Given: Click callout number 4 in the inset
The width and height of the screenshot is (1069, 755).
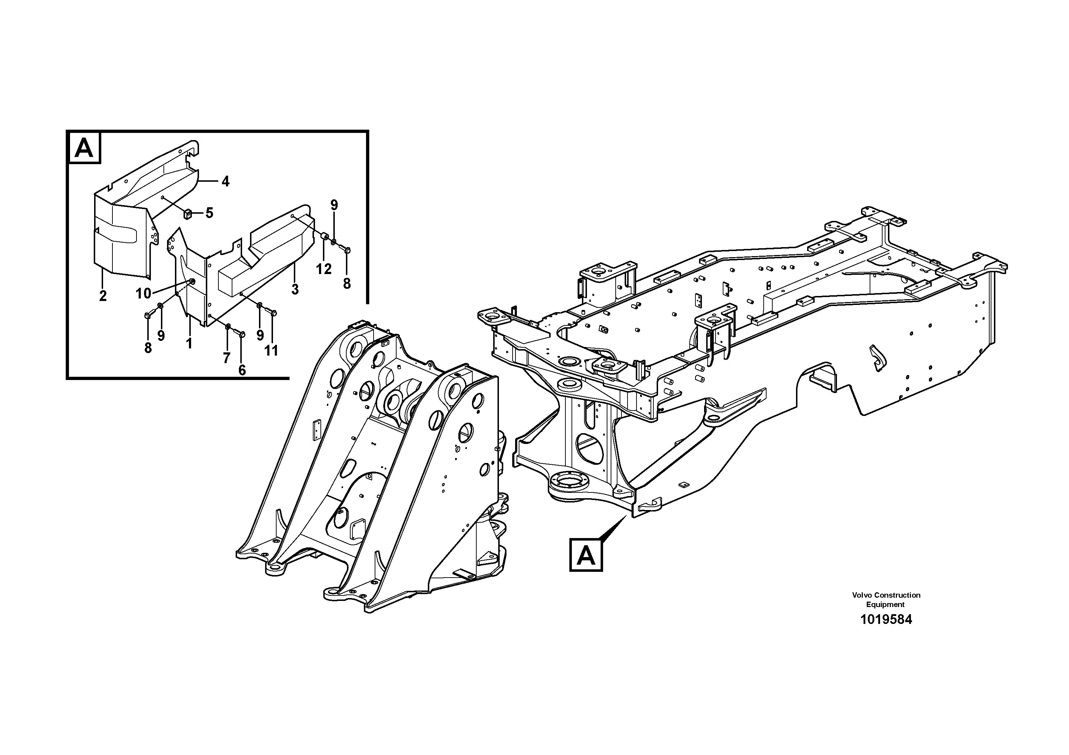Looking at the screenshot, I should click(x=225, y=181).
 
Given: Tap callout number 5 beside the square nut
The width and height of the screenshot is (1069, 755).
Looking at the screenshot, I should click(x=209, y=213).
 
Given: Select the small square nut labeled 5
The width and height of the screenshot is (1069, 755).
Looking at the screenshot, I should click(x=189, y=214).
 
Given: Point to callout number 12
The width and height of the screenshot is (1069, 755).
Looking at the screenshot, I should click(x=324, y=269).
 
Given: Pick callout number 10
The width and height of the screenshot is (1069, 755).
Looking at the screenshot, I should click(x=143, y=293).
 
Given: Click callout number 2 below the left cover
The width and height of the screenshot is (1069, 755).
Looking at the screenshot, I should click(x=103, y=296).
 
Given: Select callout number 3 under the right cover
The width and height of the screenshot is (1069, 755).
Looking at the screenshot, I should click(x=295, y=289).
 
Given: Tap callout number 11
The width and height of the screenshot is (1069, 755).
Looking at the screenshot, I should click(x=272, y=351).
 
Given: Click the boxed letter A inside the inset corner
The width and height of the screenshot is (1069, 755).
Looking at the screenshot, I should click(x=84, y=148).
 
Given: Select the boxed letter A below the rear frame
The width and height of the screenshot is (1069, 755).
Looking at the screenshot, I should click(x=586, y=555).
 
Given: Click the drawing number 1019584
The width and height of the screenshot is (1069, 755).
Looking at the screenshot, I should click(x=886, y=620).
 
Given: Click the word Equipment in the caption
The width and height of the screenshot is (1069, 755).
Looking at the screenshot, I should click(x=885, y=604).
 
